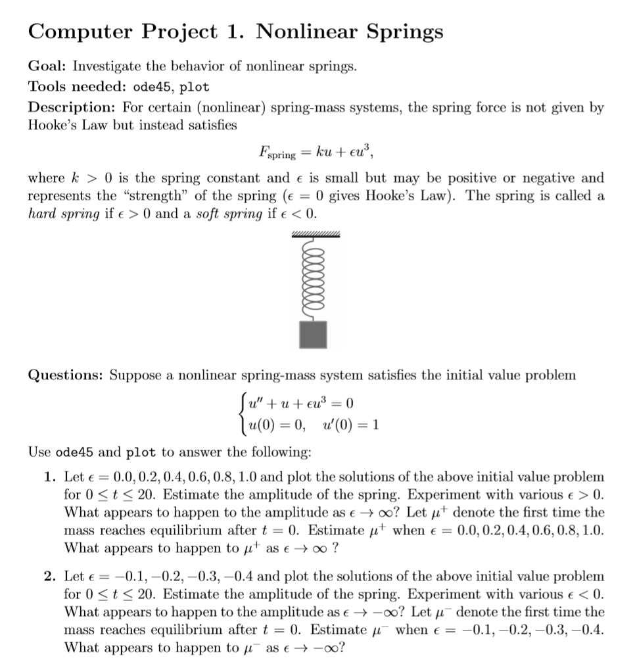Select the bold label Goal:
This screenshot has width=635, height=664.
coord(48,66)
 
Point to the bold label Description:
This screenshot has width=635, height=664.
coord(70,107)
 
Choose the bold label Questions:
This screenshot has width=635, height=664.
coord(66,375)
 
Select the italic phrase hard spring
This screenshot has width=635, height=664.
coord(63,214)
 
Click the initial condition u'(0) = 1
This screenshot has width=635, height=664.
coord(351,424)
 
